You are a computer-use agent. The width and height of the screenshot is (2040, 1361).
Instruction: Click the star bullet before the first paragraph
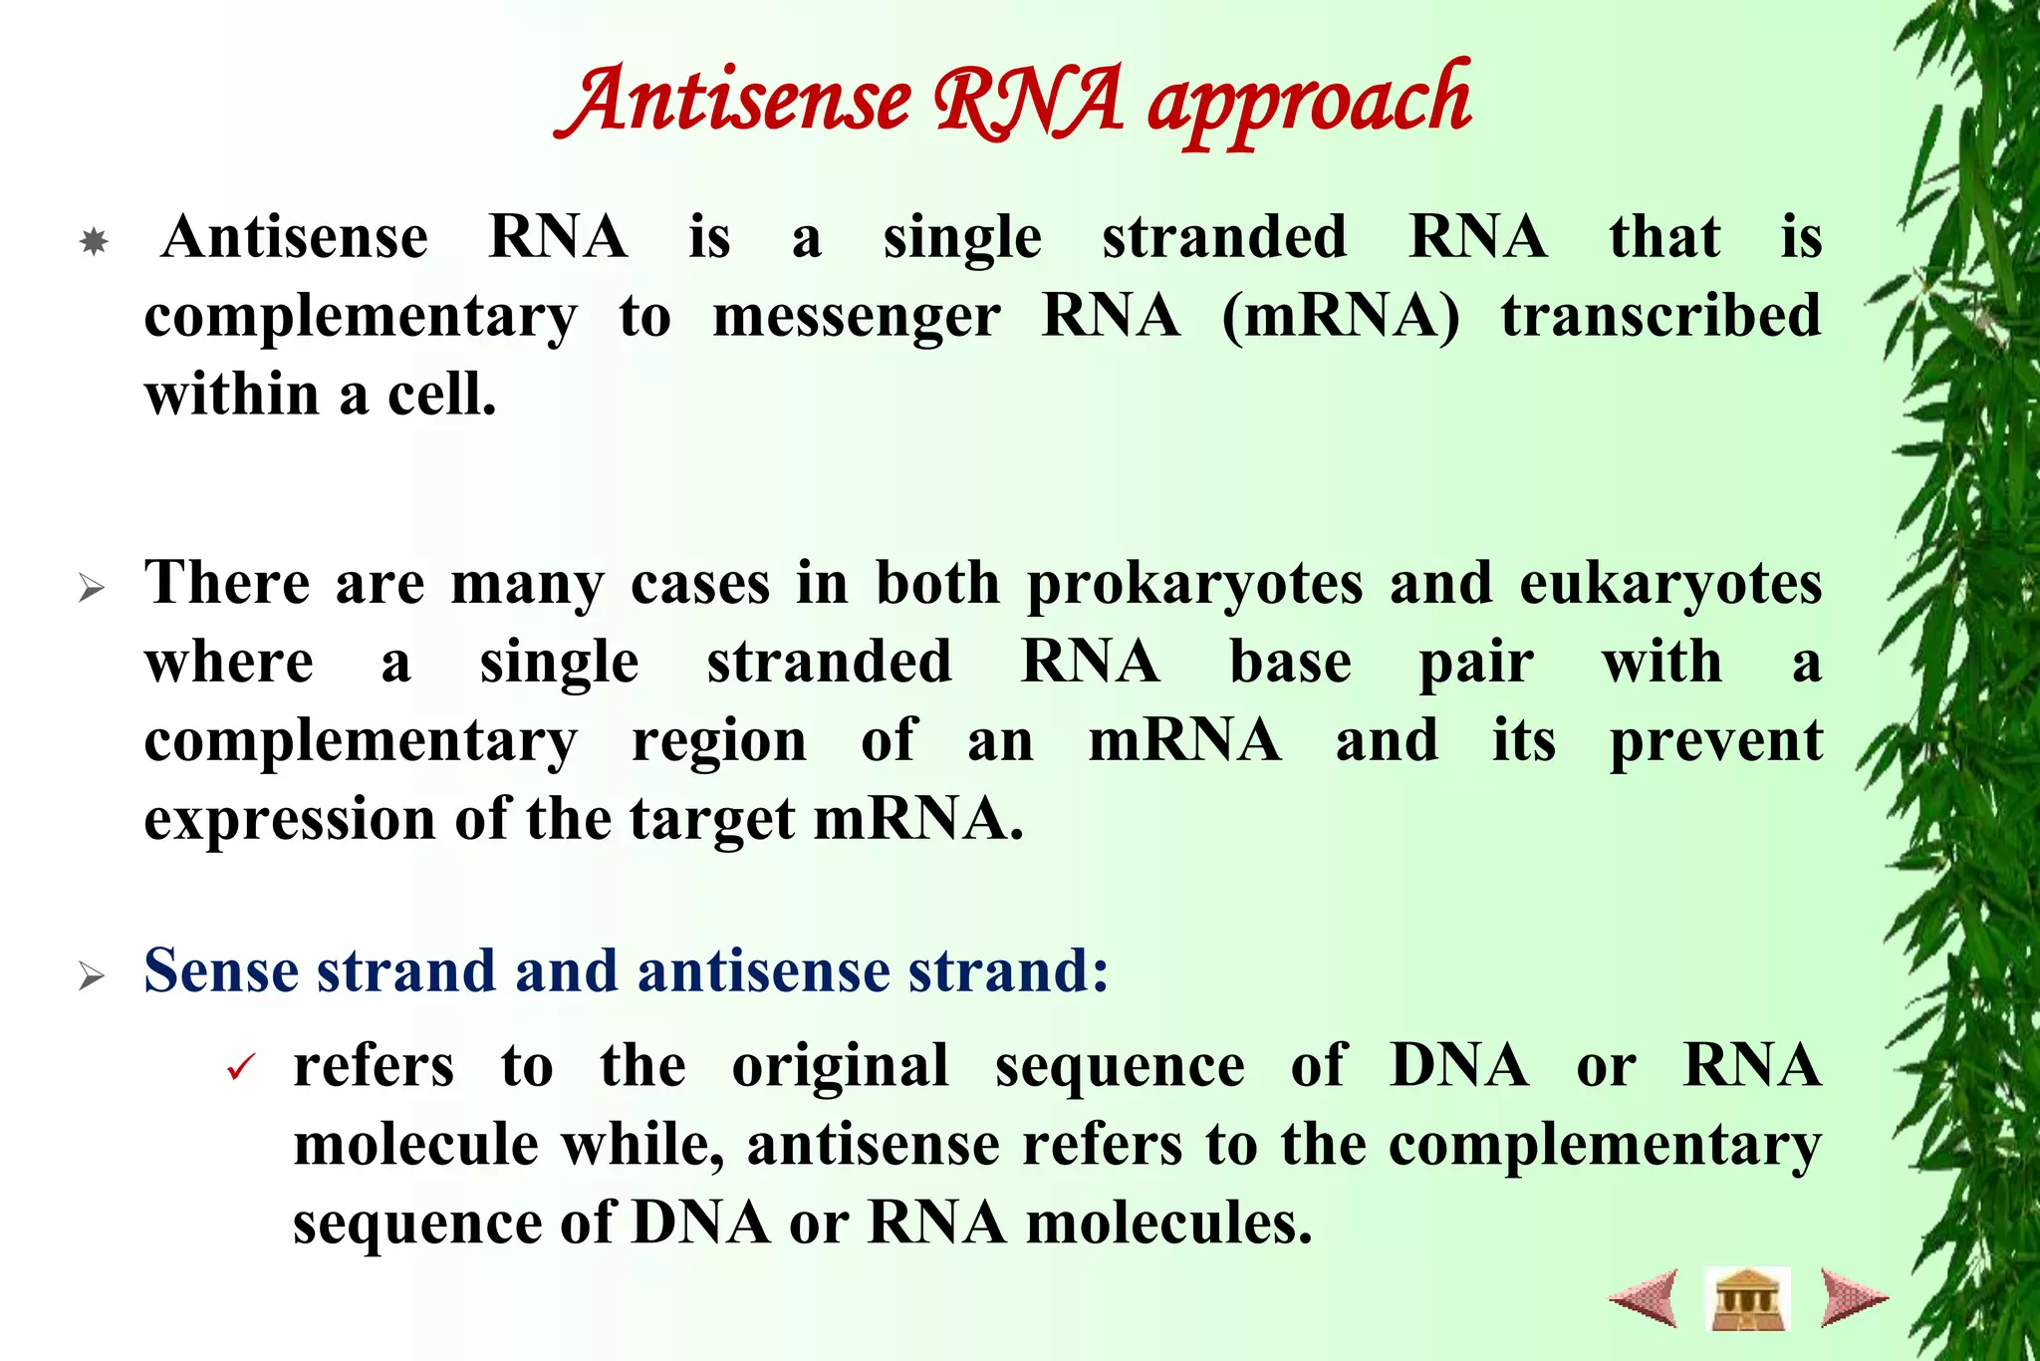coord(94,242)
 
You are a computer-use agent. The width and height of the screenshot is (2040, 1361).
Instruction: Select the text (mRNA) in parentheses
coord(1341,317)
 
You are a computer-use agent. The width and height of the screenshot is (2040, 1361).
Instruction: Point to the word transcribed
coord(1661,317)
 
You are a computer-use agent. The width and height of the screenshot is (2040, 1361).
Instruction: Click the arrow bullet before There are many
coord(92,589)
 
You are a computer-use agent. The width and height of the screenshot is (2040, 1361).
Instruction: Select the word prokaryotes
coord(1194,584)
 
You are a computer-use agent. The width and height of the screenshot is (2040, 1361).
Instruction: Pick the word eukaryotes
coord(1670,584)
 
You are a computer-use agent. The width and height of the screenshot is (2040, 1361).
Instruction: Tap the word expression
coord(290,821)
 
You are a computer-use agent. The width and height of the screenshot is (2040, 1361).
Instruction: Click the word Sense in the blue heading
coord(220,970)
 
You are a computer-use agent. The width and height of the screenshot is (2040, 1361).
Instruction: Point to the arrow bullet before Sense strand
coord(92,976)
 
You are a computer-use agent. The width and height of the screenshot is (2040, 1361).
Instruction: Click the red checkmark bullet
coord(241,1070)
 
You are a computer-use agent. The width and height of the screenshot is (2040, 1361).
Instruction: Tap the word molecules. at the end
coord(1168,1224)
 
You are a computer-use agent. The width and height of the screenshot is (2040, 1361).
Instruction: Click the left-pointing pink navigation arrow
coord(1645,1297)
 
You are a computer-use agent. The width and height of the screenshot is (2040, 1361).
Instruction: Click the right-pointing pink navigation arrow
coord(1852,1297)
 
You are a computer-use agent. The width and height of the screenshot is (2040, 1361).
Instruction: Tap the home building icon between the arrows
coord(1747,1298)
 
